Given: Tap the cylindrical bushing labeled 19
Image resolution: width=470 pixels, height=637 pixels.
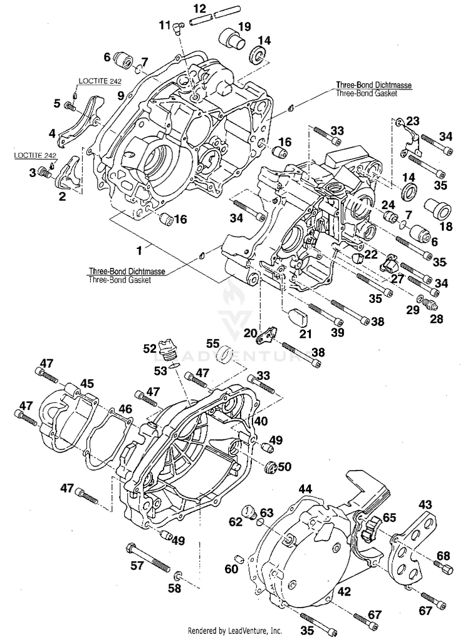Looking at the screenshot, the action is pos(231,39).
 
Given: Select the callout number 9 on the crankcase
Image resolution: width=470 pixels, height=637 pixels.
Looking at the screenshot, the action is pos(120,96).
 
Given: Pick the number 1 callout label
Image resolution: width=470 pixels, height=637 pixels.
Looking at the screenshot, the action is pos(140,251).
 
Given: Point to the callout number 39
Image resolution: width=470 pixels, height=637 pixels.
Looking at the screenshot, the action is pos(337,332).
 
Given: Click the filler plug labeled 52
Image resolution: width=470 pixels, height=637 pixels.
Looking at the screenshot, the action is pos(167,349).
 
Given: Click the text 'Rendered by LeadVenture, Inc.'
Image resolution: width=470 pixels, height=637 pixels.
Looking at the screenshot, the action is pos(234,631).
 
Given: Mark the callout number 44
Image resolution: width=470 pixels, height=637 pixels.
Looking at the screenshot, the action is pos(305,489).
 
